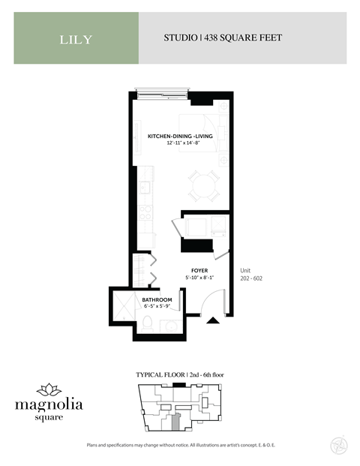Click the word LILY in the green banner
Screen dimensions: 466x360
pos(76,39)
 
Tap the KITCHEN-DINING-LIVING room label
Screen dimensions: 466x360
pos(181,136)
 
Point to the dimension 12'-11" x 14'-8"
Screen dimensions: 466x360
pos(181,143)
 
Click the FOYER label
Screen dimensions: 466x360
pos(199,270)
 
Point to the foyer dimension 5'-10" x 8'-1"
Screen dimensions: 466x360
pos(199,278)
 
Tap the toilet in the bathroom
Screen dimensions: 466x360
pos(149,322)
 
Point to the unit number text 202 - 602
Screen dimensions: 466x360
pos(251,278)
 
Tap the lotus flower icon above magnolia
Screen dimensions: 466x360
pos(49,389)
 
